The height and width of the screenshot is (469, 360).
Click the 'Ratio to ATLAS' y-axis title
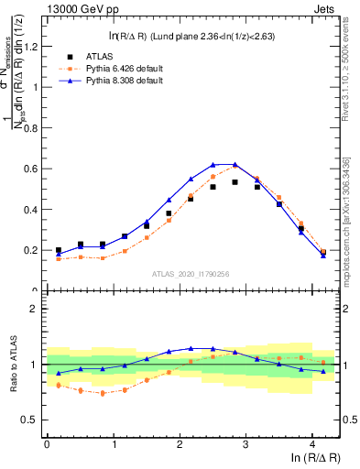(12, 365)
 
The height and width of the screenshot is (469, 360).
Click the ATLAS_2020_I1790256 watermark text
(191, 274)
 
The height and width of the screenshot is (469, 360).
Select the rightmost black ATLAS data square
(322, 253)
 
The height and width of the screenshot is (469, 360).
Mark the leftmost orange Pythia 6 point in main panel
(59, 259)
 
